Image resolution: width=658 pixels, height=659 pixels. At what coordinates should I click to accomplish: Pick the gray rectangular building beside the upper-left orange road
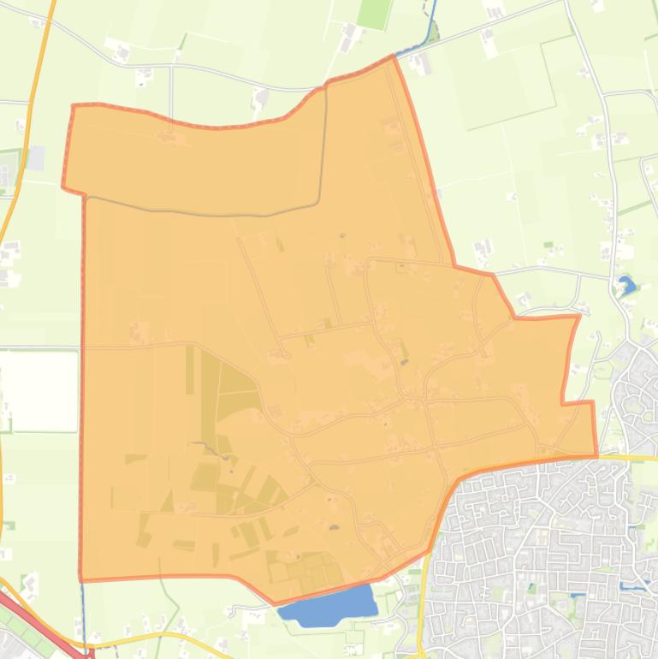pyautogui.click(x=36, y=157)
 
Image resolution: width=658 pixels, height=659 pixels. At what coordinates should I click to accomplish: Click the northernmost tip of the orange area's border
pyautogui.click(x=394, y=56)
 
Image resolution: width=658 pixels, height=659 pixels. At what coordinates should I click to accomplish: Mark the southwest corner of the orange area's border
pyautogui.click(x=80, y=579)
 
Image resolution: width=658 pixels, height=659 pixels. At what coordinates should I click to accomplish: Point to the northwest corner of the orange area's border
pyautogui.click(x=73, y=106)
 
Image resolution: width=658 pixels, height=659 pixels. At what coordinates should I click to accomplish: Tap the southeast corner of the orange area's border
pyautogui.click(x=596, y=454)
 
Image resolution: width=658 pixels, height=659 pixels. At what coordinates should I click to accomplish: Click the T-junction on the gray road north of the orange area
pyautogui.click(x=171, y=68)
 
